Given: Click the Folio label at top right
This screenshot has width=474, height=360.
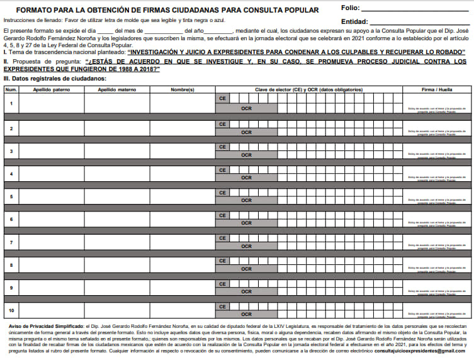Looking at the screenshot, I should tap(350, 8).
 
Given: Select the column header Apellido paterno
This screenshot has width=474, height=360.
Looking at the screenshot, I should tap(51, 89).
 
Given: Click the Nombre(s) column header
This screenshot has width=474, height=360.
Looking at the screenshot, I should tap(182, 89).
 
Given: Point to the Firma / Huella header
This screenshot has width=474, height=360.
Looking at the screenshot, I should tap(436, 89).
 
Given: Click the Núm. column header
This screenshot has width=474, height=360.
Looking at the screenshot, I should tap(11, 89).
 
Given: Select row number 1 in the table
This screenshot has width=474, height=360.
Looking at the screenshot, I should tap(11, 103).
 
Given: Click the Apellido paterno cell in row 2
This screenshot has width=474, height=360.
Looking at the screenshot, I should tap(51, 128).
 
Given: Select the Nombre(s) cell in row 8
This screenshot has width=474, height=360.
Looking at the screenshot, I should tap(182, 265).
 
